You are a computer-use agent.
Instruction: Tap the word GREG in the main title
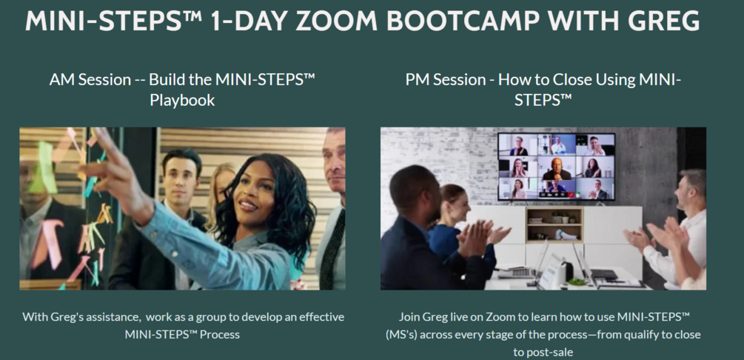(x=662, y=21)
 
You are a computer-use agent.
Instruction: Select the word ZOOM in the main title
(x=343, y=21)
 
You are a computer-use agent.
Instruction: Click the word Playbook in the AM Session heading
(x=182, y=99)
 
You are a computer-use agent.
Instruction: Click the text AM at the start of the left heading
(x=62, y=79)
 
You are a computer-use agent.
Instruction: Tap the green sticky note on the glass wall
(x=43, y=166)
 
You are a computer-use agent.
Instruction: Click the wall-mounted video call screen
(x=556, y=166)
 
